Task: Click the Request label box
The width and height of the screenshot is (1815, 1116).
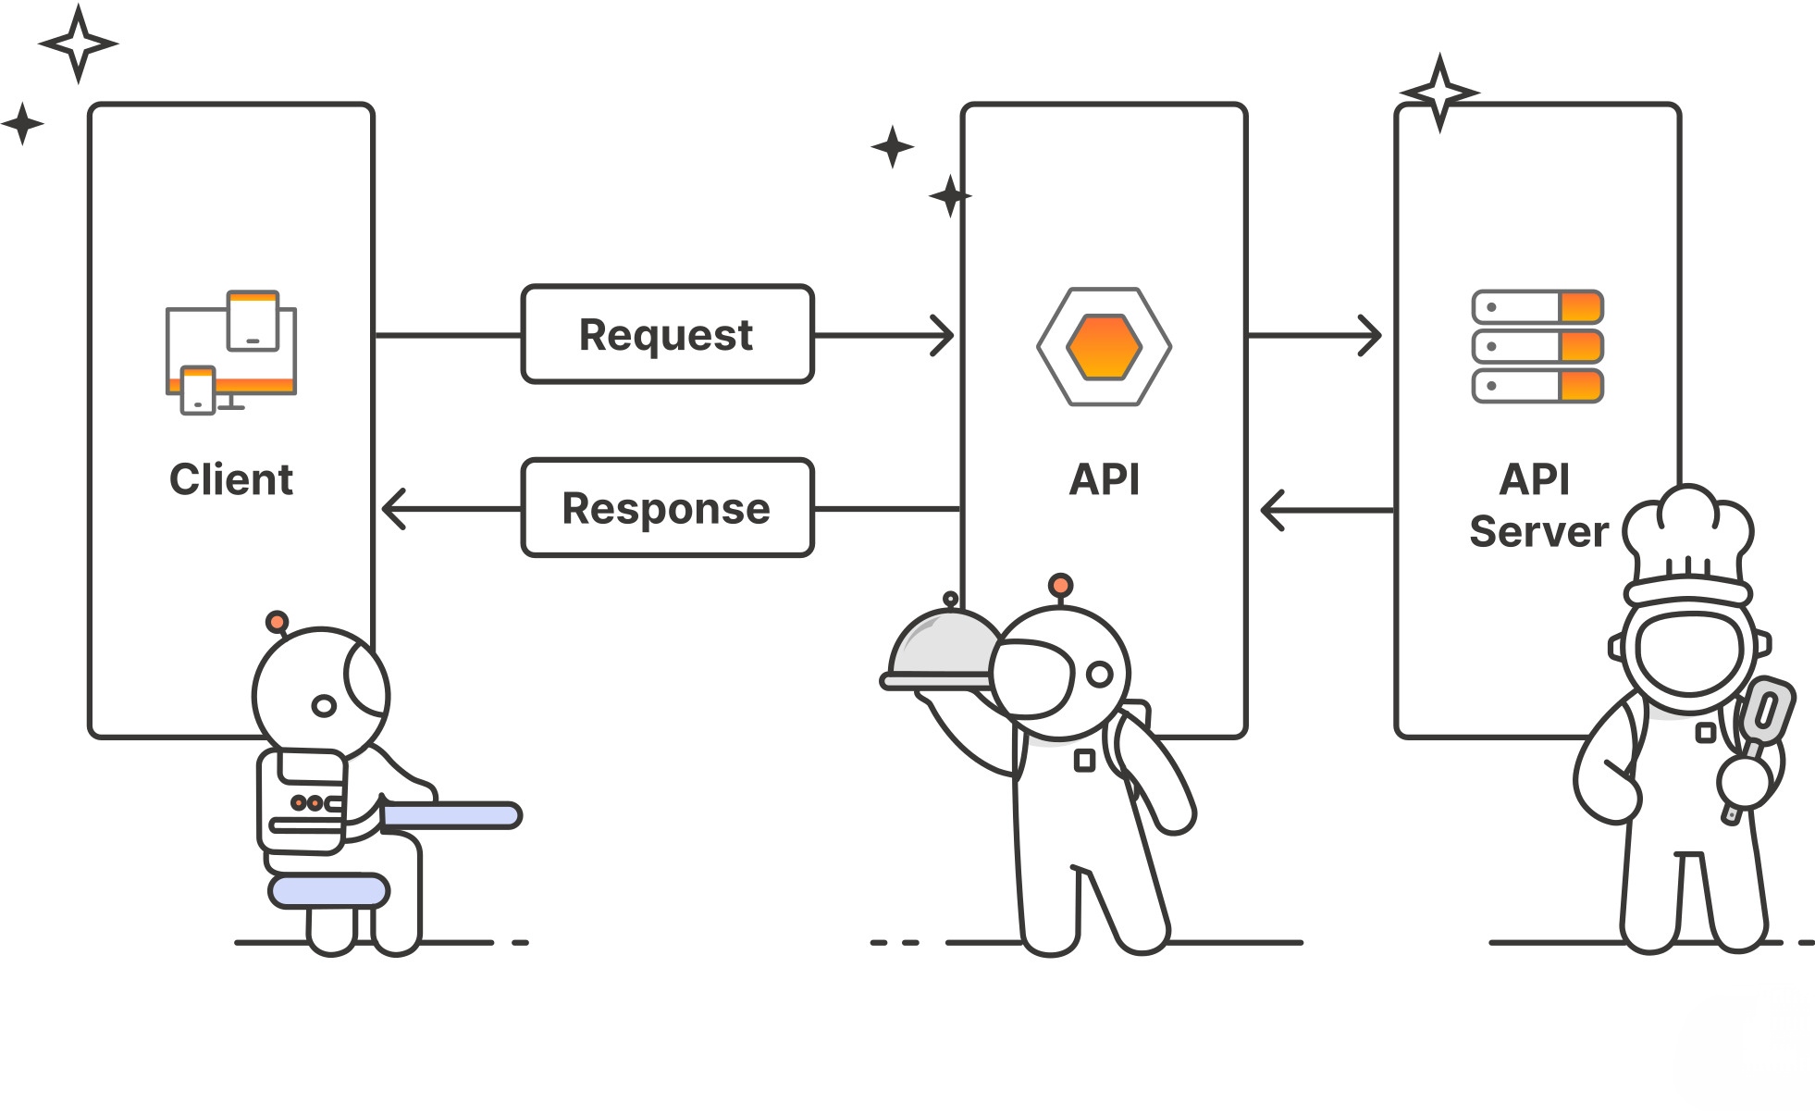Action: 667,334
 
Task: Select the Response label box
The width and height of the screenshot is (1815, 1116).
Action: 667,508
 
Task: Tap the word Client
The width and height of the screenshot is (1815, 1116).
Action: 231,479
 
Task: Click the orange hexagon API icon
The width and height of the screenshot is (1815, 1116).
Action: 1104,347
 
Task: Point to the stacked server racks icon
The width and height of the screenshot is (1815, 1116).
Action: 1537,346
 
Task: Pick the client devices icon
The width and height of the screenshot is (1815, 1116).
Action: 231,353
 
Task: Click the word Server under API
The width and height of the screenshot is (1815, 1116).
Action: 1538,531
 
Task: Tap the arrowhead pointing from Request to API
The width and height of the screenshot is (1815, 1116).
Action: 943,335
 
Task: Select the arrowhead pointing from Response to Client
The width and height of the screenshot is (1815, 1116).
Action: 394,509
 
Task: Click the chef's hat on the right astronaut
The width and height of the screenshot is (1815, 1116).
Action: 1688,541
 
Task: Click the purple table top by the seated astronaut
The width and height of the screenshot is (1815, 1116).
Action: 451,815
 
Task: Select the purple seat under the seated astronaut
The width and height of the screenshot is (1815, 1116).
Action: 328,890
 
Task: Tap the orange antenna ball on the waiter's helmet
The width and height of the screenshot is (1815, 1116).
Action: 1060,585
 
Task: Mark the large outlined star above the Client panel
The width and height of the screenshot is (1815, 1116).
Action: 79,43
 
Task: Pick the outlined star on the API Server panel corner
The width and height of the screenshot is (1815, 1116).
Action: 1439,93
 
